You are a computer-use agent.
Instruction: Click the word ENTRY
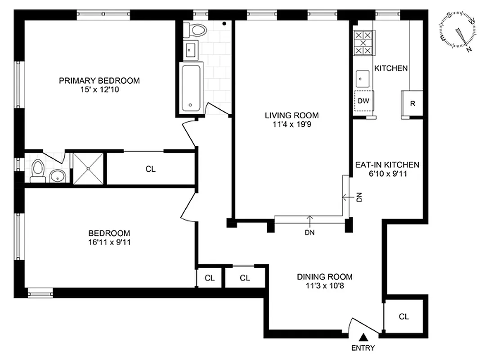coord(363,348)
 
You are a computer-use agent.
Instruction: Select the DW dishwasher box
coord(363,101)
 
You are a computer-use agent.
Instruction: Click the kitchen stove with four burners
coord(363,42)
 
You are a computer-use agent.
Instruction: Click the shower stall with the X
coord(88,168)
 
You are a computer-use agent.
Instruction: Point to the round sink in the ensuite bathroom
coord(57,175)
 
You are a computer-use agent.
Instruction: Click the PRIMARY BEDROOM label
coord(99,81)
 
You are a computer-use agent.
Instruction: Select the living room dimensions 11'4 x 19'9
coord(291,125)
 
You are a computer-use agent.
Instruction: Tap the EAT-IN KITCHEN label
coord(387,165)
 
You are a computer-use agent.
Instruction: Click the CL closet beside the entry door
coord(403,316)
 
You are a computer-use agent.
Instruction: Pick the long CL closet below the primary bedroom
coord(150,169)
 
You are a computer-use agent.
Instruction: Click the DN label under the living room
coord(309,233)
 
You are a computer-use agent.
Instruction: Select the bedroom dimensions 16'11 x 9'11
coord(109,242)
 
